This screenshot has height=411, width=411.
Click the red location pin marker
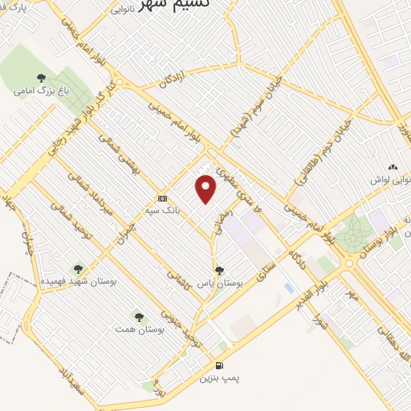pyautogui.click(x=206, y=189)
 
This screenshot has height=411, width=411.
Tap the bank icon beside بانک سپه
pyautogui.click(x=163, y=198)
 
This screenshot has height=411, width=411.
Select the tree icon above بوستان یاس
pyautogui.click(x=219, y=271)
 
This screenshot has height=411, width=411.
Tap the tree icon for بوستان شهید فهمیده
pyautogui.click(x=78, y=270)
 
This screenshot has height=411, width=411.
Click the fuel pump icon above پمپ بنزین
pyautogui.click(x=220, y=365)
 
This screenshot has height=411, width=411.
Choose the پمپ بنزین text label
pyautogui.click(x=220, y=376)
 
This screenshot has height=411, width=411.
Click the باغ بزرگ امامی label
pyautogui.click(x=41, y=91)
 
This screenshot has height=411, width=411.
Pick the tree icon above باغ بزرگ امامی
pyautogui.click(x=41, y=78)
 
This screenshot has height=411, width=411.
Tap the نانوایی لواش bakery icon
pyautogui.click(x=393, y=166)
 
